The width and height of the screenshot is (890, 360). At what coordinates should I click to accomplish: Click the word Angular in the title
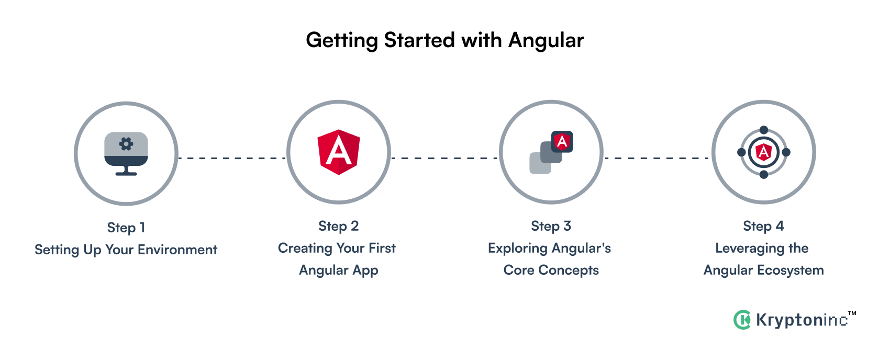click(546, 40)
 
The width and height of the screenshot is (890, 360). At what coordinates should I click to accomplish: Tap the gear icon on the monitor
click(126, 144)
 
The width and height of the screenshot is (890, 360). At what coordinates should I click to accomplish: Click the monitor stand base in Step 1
click(126, 173)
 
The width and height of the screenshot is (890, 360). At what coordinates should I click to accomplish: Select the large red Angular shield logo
click(339, 152)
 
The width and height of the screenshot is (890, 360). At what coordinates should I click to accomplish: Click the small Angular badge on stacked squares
click(562, 141)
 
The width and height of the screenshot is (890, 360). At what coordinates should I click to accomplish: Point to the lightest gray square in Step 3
click(539, 164)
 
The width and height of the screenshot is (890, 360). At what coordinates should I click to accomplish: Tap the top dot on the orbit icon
click(764, 130)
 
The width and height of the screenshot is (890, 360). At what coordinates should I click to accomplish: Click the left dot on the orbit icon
click(741, 152)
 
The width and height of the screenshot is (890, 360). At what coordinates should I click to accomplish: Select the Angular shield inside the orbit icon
click(764, 152)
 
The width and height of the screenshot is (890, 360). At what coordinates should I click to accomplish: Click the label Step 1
click(126, 228)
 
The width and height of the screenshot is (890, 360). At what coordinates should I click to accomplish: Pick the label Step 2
click(339, 226)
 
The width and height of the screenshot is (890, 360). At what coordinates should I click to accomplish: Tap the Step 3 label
click(551, 226)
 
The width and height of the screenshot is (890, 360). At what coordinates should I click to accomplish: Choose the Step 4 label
click(764, 226)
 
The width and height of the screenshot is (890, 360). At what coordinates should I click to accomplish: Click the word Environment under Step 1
click(177, 250)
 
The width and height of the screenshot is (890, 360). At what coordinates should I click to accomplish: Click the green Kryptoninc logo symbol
click(742, 320)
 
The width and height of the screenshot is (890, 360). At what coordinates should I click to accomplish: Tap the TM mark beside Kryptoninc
click(852, 313)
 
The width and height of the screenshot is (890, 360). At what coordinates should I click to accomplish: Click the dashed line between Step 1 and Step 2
click(232, 157)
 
